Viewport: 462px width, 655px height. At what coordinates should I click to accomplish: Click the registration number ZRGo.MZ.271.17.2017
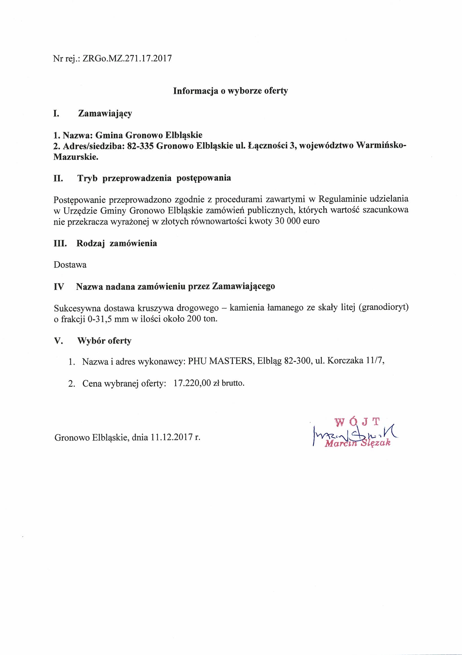coord(127,59)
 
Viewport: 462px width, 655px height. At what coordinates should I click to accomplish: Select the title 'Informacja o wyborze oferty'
coord(230,91)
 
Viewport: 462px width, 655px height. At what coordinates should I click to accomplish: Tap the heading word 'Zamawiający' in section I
coord(105,114)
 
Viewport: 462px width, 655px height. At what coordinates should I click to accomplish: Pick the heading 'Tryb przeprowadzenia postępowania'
coord(154,178)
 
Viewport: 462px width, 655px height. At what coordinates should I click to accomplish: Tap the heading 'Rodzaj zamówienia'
coord(117,243)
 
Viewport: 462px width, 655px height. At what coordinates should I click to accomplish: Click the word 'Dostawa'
coord(70,265)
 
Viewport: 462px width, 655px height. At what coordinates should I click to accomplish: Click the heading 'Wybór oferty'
coord(104,341)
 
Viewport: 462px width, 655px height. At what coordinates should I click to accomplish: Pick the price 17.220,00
coord(192,383)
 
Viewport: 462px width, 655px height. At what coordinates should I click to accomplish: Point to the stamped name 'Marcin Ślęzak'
coord(358,444)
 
